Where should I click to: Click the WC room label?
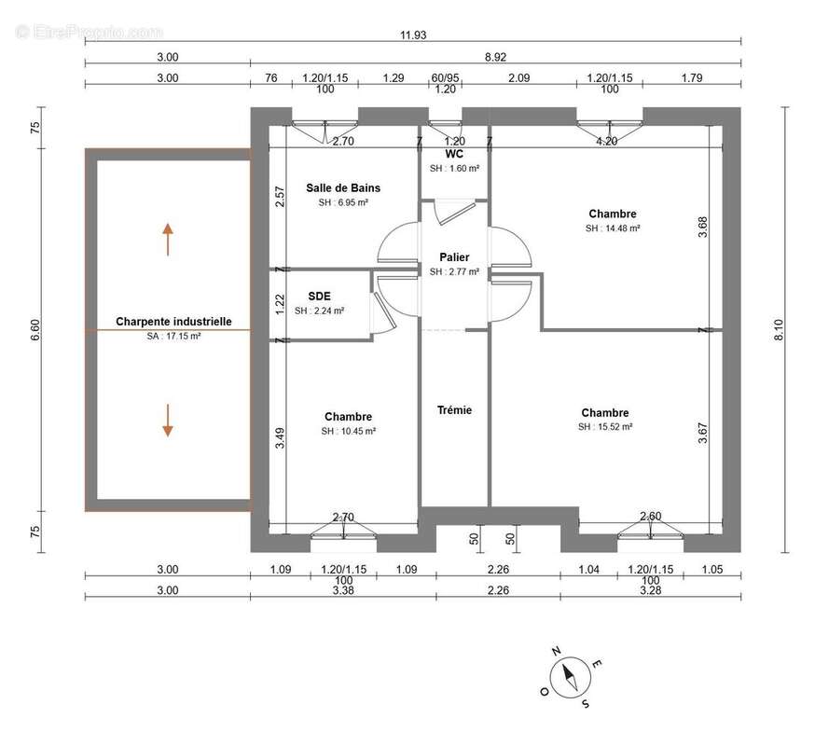click(454, 155)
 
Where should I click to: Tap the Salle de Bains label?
click(343, 188)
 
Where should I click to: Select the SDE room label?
click(319, 297)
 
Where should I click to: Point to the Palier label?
click(454, 257)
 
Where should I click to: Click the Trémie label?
click(454, 410)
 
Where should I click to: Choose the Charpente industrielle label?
click(173, 322)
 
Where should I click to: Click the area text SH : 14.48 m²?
click(613, 228)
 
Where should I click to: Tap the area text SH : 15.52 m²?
click(605, 427)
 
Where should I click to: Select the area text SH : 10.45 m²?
click(348, 431)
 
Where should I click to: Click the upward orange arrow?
click(167, 240)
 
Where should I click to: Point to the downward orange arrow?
click(167, 421)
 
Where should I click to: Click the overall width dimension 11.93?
click(413, 35)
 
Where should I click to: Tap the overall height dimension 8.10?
click(779, 329)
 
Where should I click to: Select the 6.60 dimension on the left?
click(35, 329)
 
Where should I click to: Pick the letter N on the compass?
click(556, 652)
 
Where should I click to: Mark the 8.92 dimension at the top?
click(495, 57)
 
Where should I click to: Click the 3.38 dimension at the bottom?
click(343, 590)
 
